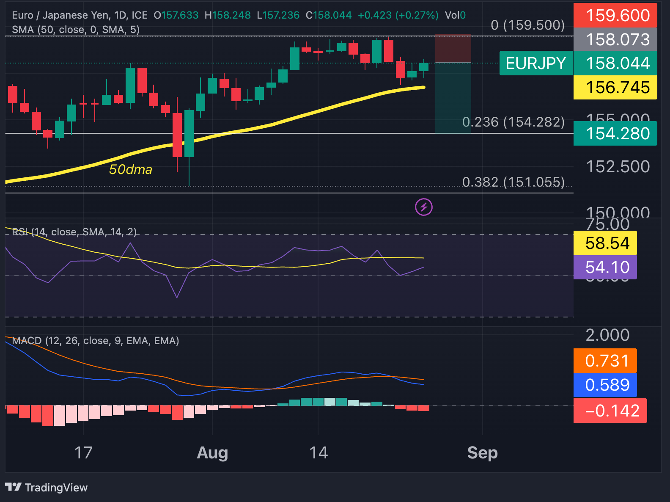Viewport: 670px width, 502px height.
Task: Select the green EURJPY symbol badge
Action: point(535,63)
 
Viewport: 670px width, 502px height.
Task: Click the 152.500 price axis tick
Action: point(618,167)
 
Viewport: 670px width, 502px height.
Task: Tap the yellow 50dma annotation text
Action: point(130,170)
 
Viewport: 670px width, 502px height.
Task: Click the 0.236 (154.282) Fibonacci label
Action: point(513,122)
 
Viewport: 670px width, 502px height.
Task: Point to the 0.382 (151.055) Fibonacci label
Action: point(513,182)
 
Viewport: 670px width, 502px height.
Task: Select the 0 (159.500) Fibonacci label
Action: point(527,25)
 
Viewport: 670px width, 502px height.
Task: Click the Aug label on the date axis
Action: point(212,453)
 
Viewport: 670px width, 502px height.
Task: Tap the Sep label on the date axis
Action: point(482,453)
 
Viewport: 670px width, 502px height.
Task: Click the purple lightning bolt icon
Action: point(423,207)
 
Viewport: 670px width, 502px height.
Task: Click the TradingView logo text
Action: point(47,488)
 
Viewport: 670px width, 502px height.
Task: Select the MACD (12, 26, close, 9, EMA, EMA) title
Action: point(96,341)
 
